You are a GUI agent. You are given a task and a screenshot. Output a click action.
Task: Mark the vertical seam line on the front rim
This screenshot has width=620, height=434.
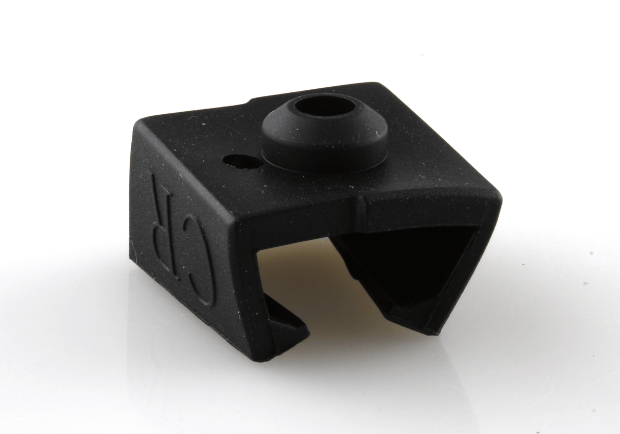pyautogui.click(x=360, y=206)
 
